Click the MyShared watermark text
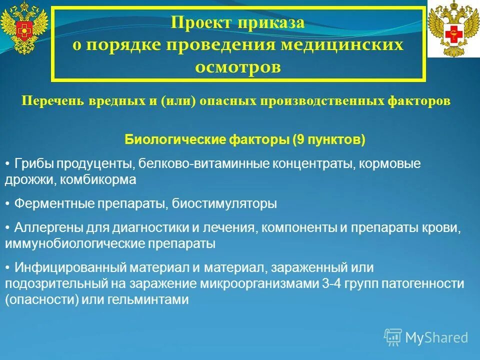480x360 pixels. click(436, 337)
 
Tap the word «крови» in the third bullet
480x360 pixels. click(443, 228)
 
